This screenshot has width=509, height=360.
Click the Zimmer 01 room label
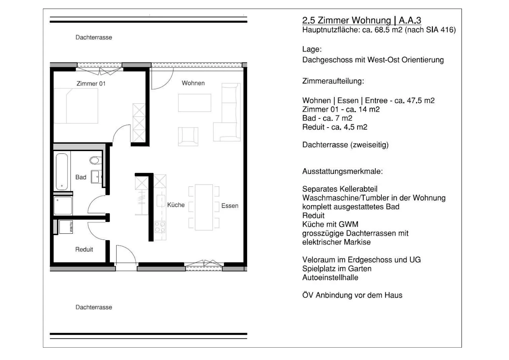click(91, 84)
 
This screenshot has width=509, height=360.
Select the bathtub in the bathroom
click(62, 172)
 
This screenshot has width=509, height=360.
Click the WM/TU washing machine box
click(66, 227)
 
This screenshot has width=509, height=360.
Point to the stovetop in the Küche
click(160, 227)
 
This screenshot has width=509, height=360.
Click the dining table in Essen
click(204, 207)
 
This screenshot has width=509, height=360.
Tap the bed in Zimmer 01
click(76, 106)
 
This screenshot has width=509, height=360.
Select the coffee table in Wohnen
click(194, 103)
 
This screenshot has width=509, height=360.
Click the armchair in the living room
click(188, 136)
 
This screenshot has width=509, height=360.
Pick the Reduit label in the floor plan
click(84, 249)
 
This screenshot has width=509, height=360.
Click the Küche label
click(176, 205)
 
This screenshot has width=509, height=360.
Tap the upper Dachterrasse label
click(94, 37)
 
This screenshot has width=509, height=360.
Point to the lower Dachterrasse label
click(94, 307)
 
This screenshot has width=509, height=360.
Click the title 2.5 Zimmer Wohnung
click(346, 20)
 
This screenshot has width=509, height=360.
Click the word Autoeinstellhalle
click(330, 278)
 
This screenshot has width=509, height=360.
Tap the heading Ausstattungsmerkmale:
click(342, 171)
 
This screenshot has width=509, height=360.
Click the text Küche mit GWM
click(330, 225)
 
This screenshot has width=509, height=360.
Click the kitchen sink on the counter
click(161, 201)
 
